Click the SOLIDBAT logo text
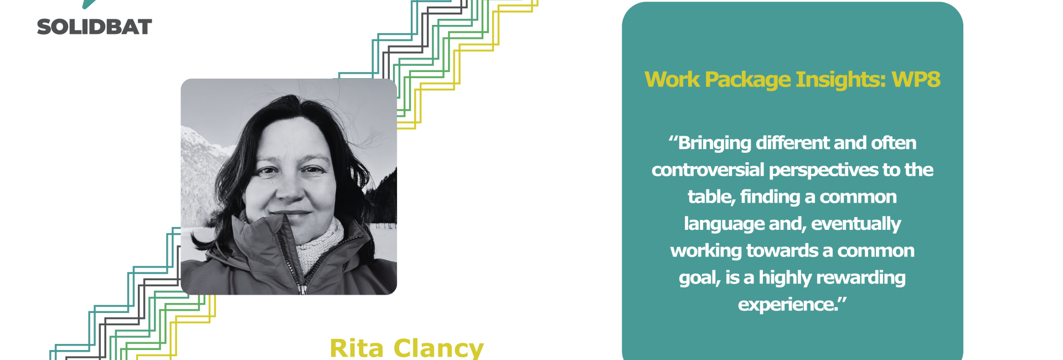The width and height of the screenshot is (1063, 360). pos(94,27)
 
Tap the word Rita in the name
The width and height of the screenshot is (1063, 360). pos(357,348)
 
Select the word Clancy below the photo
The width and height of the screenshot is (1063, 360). pos(438,349)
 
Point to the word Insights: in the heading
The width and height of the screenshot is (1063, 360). pos(841,79)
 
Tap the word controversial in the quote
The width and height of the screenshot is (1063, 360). pos(708,169)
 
